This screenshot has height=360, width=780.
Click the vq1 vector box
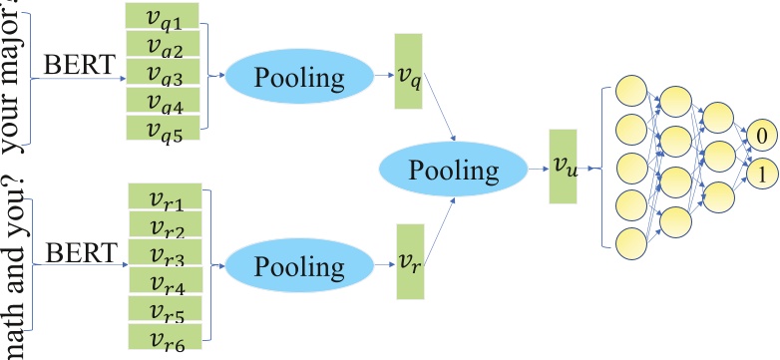click(x=163, y=16)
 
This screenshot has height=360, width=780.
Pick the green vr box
click(x=410, y=261)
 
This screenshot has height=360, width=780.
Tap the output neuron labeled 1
click(x=760, y=173)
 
